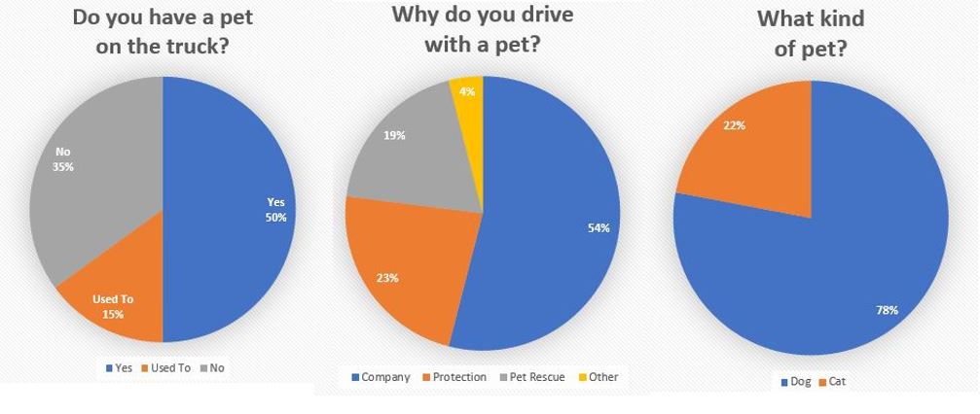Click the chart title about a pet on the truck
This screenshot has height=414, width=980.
tap(162, 32)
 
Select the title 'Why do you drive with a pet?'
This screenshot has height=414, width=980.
tap(482, 29)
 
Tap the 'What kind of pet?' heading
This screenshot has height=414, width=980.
tap(810, 33)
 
